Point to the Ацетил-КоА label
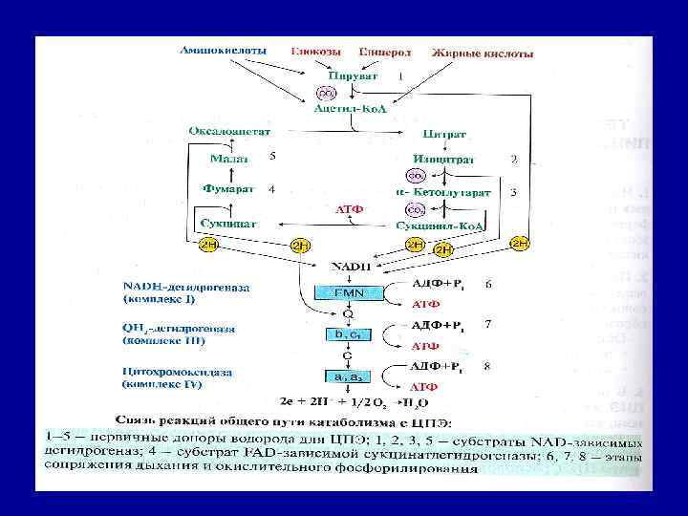point(351,110)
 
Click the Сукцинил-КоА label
point(440,225)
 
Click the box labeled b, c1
point(348,334)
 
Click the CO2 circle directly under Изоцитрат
point(416,176)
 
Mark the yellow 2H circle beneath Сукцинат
point(209,245)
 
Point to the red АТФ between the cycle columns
point(349,208)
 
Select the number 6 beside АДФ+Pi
point(488,284)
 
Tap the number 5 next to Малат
point(272,155)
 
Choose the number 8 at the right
point(488,364)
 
